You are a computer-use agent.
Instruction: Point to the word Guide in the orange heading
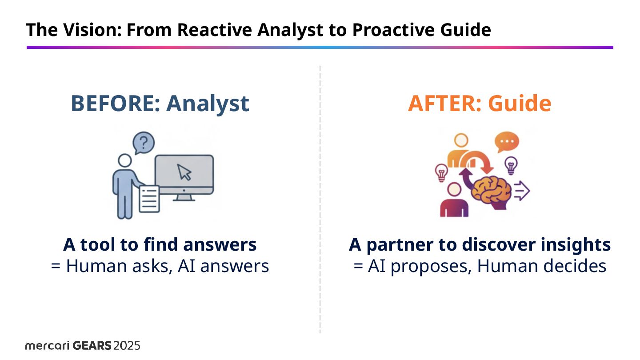tap(520, 103)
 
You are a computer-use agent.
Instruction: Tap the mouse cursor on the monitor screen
tap(184, 172)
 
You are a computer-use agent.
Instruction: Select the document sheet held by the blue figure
tap(149, 198)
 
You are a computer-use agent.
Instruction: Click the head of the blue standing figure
tap(125, 160)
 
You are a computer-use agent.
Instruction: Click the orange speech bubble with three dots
tap(507, 142)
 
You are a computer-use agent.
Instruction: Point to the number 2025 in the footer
tap(127, 346)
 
